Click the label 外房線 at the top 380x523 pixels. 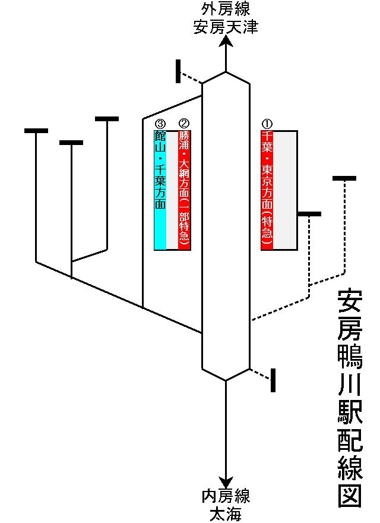[x=226, y=10]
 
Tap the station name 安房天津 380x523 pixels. [x=226, y=27]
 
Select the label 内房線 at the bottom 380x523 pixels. [x=226, y=496]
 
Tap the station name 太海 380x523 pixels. [x=226, y=513]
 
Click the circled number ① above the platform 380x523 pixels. [x=267, y=124]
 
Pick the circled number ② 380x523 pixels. [x=184, y=124]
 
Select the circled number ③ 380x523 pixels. [x=160, y=124]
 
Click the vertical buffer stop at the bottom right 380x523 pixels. [x=273, y=380]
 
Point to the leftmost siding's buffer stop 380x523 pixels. [x=36, y=130]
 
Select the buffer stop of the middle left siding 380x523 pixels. [x=71, y=143]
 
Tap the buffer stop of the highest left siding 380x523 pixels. [x=107, y=119]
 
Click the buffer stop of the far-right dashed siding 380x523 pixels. [x=344, y=178]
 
